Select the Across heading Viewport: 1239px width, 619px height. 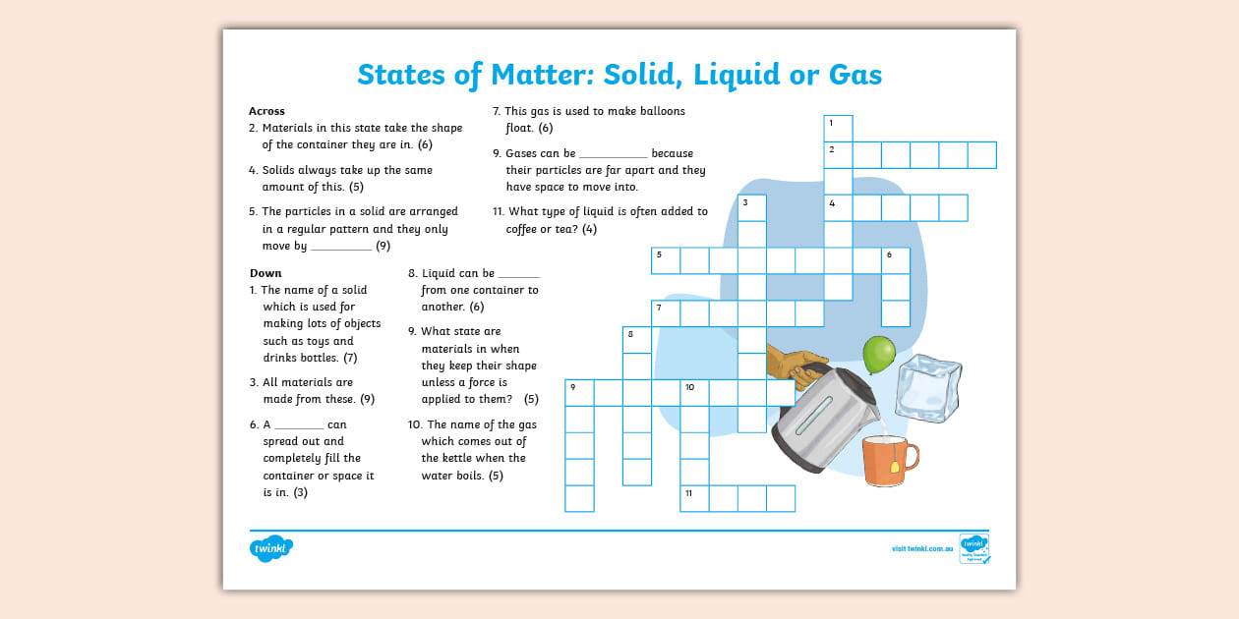click(266, 111)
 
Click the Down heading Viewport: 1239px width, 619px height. click(265, 273)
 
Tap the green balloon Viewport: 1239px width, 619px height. click(878, 354)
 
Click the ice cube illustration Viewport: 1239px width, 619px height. click(928, 387)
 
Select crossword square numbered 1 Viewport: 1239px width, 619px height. click(838, 129)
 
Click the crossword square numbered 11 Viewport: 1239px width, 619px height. click(694, 498)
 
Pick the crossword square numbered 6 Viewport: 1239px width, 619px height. click(895, 260)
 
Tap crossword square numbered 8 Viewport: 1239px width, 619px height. click(637, 340)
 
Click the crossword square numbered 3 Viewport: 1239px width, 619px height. click(752, 208)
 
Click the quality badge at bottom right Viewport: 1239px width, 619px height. click(973, 549)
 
